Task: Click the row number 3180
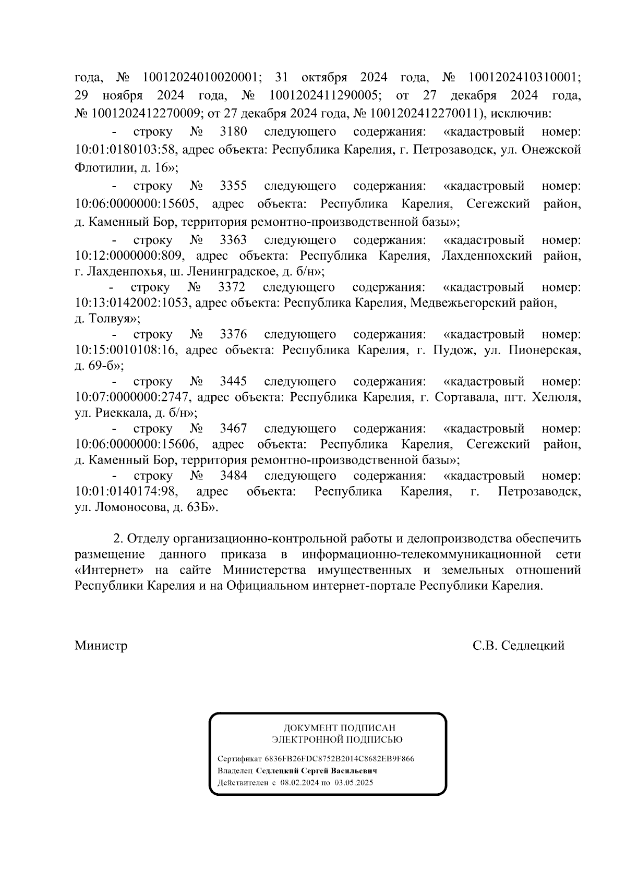coord(233,131)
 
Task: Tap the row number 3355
coord(233,186)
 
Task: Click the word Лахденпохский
coord(487,256)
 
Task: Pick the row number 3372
coord(232,287)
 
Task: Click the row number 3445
coord(233,382)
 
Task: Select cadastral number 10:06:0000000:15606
coord(136,444)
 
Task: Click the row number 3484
coord(233,476)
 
